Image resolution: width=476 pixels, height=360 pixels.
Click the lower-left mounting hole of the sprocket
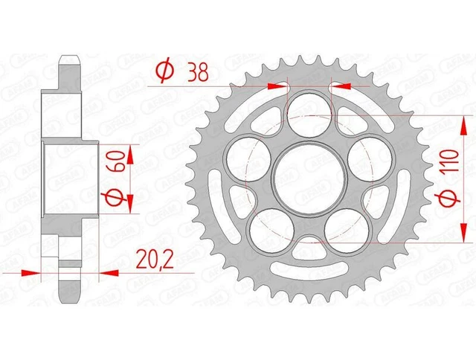pos(268,226)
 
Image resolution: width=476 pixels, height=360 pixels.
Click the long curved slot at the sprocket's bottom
pos(304,270)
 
